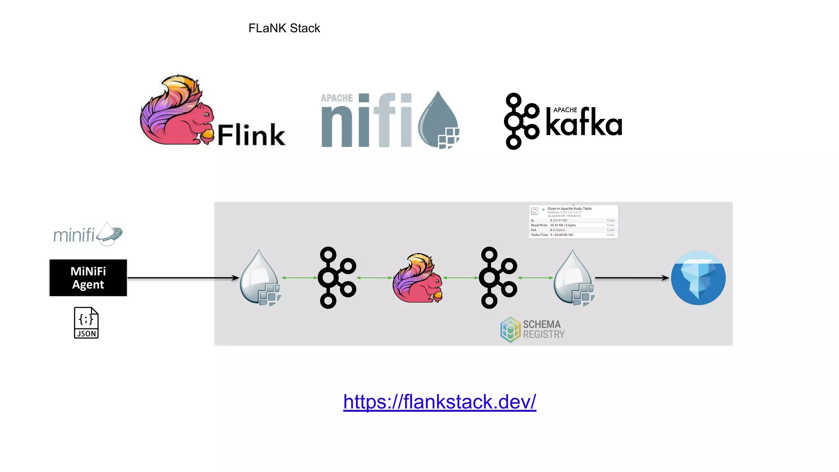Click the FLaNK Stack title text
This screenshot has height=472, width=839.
pyautogui.click(x=284, y=28)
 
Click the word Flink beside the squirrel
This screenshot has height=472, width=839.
pyautogui.click(x=251, y=135)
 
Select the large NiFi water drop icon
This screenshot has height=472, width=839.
pyautogui.click(x=438, y=121)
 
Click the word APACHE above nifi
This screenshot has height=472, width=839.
pyautogui.click(x=336, y=98)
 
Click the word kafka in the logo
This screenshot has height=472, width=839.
pyautogui.click(x=584, y=123)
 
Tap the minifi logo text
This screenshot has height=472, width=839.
pyautogui.click(x=74, y=235)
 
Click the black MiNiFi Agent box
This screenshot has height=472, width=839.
pyautogui.click(x=88, y=278)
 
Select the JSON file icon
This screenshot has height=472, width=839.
pyautogui.click(x=86, y=323)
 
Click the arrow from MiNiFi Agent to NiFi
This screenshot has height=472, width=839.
pyautogui.click(x=182, y=278)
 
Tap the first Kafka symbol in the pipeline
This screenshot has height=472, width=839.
pyautogui.click(x=337, y=278)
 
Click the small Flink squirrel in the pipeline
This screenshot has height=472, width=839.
pyautogui.click(x=417, y=279)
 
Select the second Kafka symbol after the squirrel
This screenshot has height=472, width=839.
pyautogui.click(x=498, y=278)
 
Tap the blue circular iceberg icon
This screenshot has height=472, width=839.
pyautogui.click(x=698, y=278)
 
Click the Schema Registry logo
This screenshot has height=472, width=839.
pyautogui.click(x=532, y=329)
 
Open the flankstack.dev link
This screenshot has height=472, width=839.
pyautogui.click(x=440, y=402)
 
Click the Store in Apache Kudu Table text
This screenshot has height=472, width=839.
pyautogui.click(x=569, y=209)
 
